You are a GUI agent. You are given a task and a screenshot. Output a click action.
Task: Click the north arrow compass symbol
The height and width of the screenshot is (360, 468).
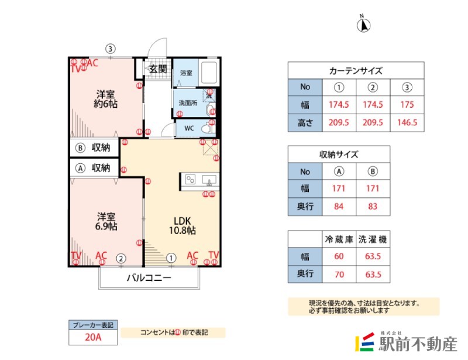[363, 24]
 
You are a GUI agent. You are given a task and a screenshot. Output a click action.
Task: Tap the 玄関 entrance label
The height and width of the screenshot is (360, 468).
[157, 68]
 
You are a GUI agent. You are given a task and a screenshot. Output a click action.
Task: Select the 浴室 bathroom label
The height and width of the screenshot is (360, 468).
[187, 74]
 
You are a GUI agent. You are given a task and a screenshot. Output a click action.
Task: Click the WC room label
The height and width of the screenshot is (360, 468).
[189, 128]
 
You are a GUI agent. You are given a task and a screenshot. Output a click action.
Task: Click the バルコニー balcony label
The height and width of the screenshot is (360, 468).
[149, 279]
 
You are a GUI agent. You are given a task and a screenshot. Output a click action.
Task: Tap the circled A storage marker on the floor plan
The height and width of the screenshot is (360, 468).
[81, 167]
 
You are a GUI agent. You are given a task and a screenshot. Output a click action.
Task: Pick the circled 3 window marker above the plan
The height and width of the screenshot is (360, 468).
[110, 49]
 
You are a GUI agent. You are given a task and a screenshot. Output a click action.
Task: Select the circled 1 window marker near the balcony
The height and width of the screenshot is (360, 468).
[171, 257]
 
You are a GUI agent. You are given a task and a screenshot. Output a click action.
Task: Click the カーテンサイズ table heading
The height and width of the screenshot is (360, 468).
[356, 71]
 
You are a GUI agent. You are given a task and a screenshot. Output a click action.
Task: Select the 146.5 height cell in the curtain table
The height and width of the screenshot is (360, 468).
[407, 122]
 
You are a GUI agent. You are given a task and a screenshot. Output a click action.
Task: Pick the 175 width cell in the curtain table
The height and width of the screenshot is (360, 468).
[407, 105]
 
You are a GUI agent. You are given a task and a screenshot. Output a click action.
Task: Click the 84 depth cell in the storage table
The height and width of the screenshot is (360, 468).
[339, 206]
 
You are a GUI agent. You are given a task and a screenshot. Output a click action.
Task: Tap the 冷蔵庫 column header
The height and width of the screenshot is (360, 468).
[339, 240]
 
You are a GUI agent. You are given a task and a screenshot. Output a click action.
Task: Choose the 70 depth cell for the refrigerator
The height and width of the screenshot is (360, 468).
[339, 274]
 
